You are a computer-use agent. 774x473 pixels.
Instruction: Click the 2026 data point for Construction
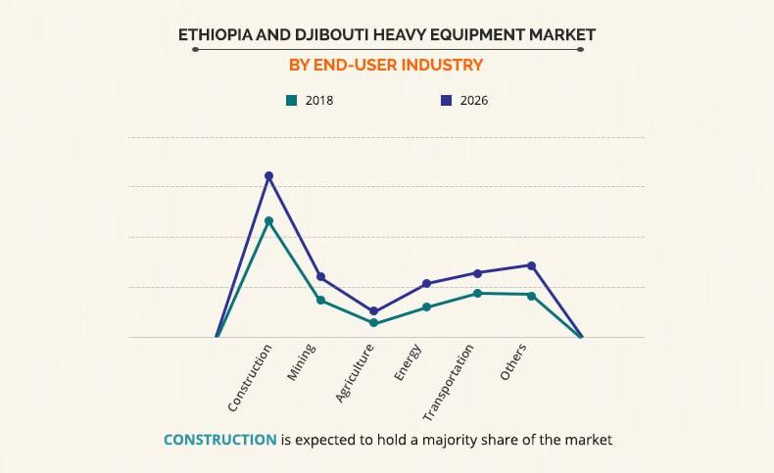268,176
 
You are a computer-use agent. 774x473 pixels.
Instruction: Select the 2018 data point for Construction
268,221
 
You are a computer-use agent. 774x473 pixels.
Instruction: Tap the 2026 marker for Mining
320,276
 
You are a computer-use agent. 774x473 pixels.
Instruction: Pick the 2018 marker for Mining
320,300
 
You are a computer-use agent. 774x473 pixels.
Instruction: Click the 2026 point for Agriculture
373,311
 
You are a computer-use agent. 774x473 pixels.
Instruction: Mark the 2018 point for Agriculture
373,323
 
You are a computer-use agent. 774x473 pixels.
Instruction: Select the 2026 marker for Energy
426,284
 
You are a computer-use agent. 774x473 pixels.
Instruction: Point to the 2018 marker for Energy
426,307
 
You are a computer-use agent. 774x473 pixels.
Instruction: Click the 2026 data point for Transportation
478,273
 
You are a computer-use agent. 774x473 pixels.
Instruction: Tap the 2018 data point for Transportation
478,293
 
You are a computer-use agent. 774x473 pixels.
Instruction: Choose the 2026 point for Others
531,265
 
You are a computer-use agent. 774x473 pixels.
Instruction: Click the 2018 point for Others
531,295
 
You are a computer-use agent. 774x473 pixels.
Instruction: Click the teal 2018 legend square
291,100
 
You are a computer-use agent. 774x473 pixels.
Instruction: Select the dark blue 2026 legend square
446,100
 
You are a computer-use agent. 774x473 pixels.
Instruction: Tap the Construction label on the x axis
250,378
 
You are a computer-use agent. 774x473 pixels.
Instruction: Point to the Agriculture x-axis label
355,374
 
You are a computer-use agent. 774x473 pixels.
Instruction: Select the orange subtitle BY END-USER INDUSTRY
386,66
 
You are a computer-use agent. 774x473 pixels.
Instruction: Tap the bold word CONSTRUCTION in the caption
219,440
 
